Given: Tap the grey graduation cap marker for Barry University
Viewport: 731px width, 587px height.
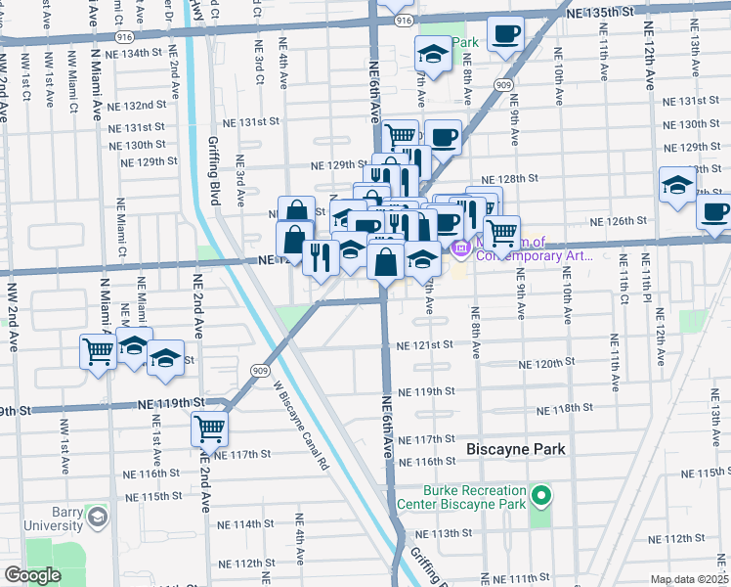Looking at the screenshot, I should pyautogui.click(x=96, y=516).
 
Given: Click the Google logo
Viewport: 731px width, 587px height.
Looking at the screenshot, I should pyautogui.click(x=31, y=575).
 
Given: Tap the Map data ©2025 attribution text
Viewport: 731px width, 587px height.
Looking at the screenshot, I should pyautogui.click(x=689, y=579).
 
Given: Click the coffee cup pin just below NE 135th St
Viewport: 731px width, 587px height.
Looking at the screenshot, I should pyautogui.click(x=505, y=34).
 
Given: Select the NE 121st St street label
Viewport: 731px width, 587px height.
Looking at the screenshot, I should pyautogui.click(x=425, y=344).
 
